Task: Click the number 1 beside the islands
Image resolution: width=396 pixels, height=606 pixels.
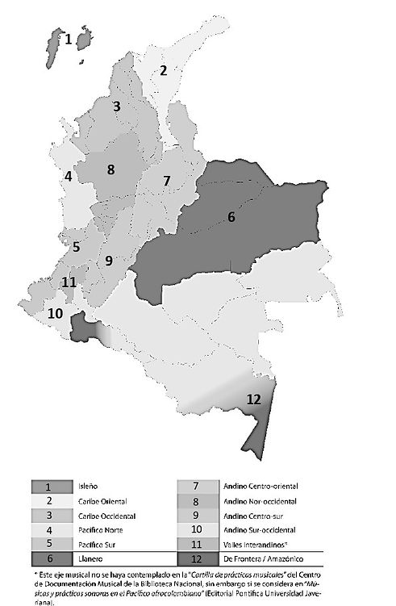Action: [69, 38]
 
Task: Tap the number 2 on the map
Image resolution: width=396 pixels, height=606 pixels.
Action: [163, 70]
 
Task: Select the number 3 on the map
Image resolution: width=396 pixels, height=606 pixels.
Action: [117, 107]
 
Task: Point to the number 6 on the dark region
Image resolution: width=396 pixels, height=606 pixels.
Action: [231, 217]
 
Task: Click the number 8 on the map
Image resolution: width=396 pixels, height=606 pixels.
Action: [110, 169]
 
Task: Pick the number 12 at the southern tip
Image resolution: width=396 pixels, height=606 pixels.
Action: [253, 399]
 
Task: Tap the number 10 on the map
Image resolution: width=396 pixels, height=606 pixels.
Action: [56, 313]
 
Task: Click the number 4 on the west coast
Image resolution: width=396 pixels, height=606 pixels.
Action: [69, 176]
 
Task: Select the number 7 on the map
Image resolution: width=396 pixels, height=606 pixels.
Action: [166, 181]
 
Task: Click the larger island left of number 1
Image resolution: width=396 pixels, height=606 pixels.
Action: [56, 47]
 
